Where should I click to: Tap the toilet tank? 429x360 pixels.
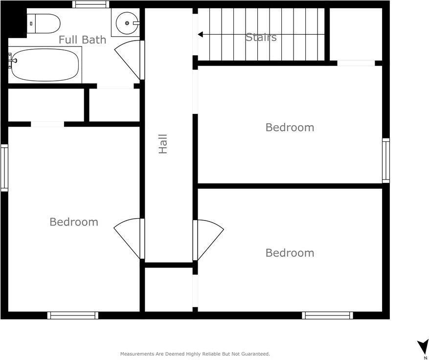[32, 22]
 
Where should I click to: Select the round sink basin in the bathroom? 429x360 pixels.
[127, 22]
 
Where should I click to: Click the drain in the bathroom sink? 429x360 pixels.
[127, 22]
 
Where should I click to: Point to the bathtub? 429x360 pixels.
[45, 65]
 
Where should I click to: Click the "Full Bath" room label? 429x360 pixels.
[82, 40]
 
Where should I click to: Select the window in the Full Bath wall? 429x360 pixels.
[90, 4]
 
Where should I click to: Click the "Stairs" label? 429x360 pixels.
[261, 37]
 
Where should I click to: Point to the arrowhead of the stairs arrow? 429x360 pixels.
[200, 34]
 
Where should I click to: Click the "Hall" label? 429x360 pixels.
[163, 144]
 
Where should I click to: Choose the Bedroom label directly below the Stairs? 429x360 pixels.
[290, 127]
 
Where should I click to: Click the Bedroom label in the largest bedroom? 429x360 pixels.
[74, 222]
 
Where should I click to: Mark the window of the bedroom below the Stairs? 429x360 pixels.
[385, 160]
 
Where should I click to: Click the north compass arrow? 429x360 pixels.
[423, 347]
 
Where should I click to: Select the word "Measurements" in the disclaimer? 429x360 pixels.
[136, 354]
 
